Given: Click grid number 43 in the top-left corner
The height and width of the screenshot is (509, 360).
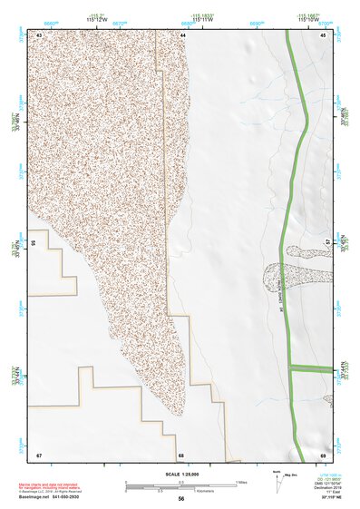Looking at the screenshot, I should (x=40, y=34).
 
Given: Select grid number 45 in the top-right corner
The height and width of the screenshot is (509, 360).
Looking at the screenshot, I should (x=322, y=34).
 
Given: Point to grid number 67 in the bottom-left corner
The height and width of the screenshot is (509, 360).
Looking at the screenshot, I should (x=39, y=454).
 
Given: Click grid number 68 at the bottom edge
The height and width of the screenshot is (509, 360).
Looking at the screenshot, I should (x=181, y=454).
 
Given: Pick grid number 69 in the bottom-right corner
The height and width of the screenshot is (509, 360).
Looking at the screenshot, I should (x=323, y=454).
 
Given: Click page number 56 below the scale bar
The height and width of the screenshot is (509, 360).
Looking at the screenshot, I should (x=181, y=499).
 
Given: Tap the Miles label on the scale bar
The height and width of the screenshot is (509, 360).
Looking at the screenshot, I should (x=242, y=481).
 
